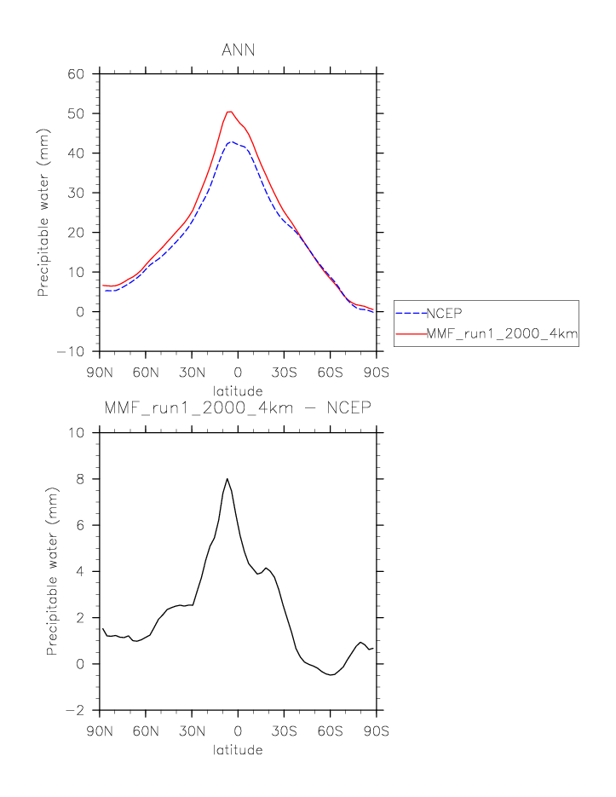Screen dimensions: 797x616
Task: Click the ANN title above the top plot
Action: [x=238, y=50]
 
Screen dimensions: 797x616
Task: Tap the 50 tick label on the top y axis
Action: [x=76, y=113]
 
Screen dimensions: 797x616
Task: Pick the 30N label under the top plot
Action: [x=192, y=373]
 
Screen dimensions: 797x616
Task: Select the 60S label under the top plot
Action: [x=330, y=373]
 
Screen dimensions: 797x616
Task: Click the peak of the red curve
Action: [x=229, y=111]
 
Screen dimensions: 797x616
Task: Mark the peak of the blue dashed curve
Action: [x=231, y=141]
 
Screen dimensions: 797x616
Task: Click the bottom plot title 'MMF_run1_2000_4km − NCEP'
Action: [x=237, y=408]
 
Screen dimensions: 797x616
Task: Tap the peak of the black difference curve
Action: [x=227, y=479]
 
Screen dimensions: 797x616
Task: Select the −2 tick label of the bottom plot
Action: [x=79, y=710]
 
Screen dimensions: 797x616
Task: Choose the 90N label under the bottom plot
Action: [x=100, y=731]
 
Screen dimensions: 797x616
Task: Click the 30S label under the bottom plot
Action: [x=284, y=731]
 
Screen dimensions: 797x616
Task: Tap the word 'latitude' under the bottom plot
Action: [x=238, y=750]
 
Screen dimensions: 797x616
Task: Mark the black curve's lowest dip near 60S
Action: [x=331, y=674]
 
